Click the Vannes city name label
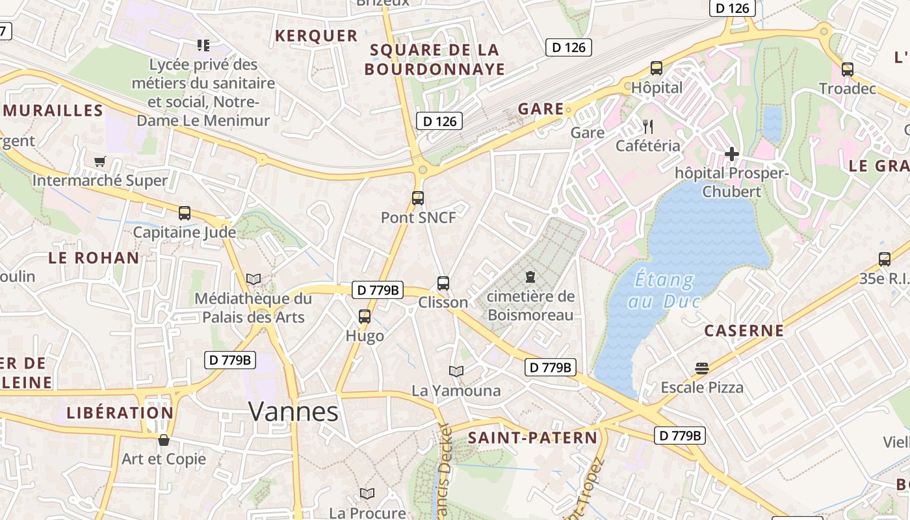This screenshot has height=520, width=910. point(294,412)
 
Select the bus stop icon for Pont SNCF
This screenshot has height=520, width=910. point(418,198)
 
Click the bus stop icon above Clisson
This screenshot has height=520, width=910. point(443,283)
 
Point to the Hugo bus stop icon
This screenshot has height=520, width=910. point(365,317)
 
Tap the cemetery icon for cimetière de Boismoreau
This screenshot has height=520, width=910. point(530,278)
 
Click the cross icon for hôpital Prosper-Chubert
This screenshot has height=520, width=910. point(732,154)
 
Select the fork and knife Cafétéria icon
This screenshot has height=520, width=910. point(647,126)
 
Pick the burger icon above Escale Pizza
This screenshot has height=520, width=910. point(702,369)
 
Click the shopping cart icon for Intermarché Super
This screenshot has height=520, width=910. point(99,161)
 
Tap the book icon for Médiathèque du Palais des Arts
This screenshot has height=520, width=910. point(253,279)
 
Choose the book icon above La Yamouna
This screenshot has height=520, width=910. point(456,371)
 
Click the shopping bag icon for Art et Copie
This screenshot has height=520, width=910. point(163,440)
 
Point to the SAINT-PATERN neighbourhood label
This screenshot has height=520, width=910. point(532,438)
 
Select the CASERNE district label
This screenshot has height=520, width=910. point(744,331)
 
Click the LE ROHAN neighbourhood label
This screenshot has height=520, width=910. point(94,258)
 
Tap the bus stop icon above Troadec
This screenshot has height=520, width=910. point(848,70)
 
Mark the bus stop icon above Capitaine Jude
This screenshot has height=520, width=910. point(185,213)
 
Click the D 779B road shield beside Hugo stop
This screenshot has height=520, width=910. point(376,290)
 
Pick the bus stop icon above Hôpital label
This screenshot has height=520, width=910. point(656,68)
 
